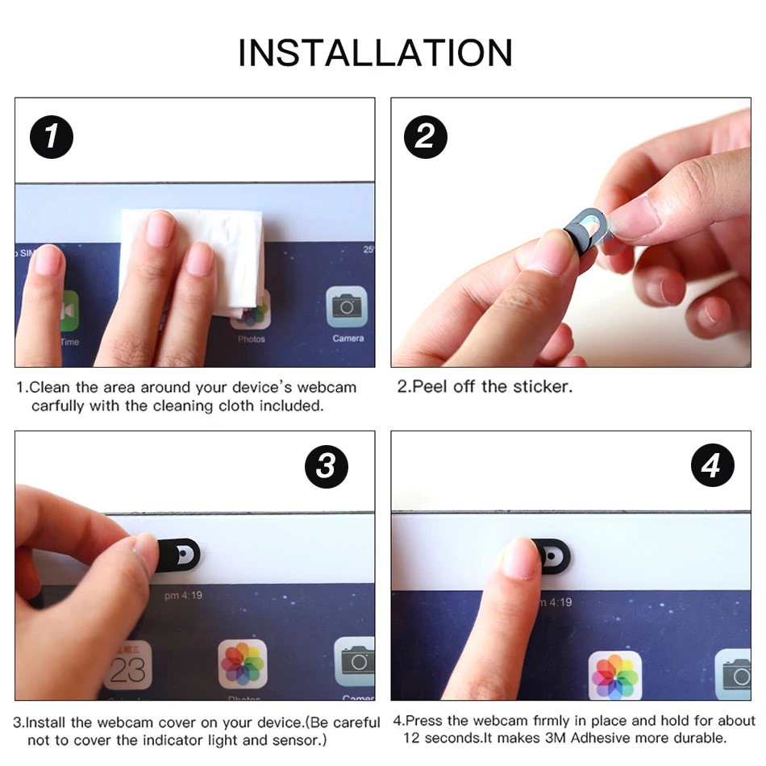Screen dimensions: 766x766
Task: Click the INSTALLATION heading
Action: click(375, 52)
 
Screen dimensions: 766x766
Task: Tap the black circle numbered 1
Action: click(52, 137)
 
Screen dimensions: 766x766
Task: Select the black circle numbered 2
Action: click(426, 137)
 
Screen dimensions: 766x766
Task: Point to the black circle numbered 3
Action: click(327, 467)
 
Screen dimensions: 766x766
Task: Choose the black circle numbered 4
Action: click(713, 465)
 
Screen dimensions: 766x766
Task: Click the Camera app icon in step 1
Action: click(347, 306)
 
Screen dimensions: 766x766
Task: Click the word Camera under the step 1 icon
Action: click(348, 338)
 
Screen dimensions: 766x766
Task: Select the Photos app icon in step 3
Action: click(243, 664)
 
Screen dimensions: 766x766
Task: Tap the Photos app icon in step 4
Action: click(615, 676)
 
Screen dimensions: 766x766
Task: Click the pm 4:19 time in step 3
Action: click(183, 596)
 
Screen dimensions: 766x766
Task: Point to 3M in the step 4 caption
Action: click(555, 738)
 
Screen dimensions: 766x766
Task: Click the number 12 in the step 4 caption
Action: click(411, 738)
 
